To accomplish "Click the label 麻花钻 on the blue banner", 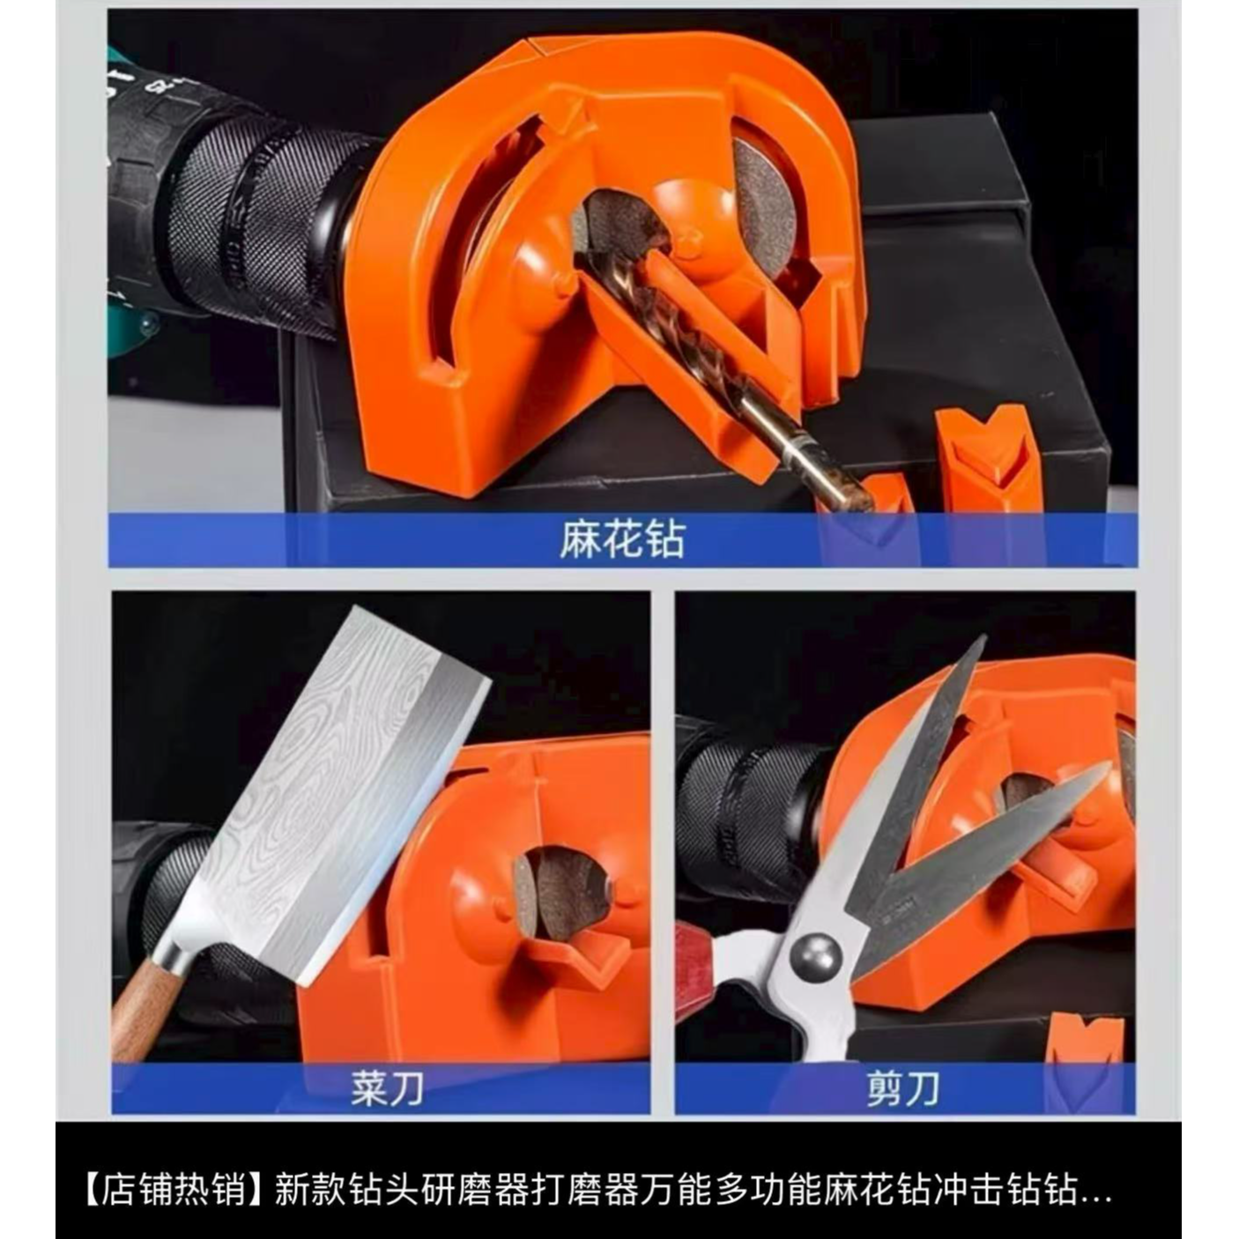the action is pos(622,540).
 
